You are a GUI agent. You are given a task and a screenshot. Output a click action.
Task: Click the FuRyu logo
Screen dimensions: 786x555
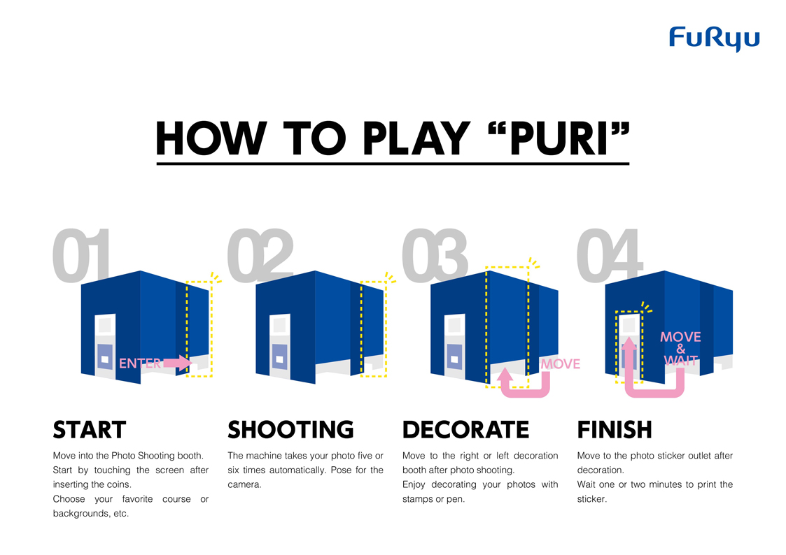[x=715, y=38]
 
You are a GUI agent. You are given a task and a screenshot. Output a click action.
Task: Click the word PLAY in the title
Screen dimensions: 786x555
[x=416, y=138]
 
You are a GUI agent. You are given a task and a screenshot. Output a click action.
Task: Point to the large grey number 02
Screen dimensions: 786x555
[x=260, y=254]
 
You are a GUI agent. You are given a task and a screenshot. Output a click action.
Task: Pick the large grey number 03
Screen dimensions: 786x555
[x=435, y=254]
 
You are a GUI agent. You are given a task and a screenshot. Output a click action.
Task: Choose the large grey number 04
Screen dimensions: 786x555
[x=609, y=254]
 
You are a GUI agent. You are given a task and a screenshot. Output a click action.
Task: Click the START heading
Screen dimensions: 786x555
[x=89, y=430]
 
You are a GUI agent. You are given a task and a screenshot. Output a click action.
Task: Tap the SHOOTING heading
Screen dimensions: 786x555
[x=290, y=430]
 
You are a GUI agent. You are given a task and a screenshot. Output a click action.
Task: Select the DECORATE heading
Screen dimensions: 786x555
[x=465, y=430]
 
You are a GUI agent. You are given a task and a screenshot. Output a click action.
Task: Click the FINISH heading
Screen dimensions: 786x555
[x=615, y=430]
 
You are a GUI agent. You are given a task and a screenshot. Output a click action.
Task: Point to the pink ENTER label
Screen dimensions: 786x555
[x=140, y=363]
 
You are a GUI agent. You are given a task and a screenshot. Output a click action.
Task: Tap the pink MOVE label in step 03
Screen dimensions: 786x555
[x=561, y=364]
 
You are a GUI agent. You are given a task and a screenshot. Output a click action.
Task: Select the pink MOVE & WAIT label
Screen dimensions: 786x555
[x=681, y=348]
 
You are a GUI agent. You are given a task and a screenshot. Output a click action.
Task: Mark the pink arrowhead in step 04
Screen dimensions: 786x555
[x=629, y=343]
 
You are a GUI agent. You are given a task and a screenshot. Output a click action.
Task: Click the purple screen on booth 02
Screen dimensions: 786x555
[x=279, y=357]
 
